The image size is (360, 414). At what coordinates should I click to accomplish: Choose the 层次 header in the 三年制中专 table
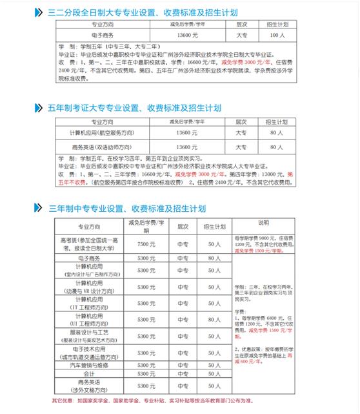[x=183, y=227]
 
